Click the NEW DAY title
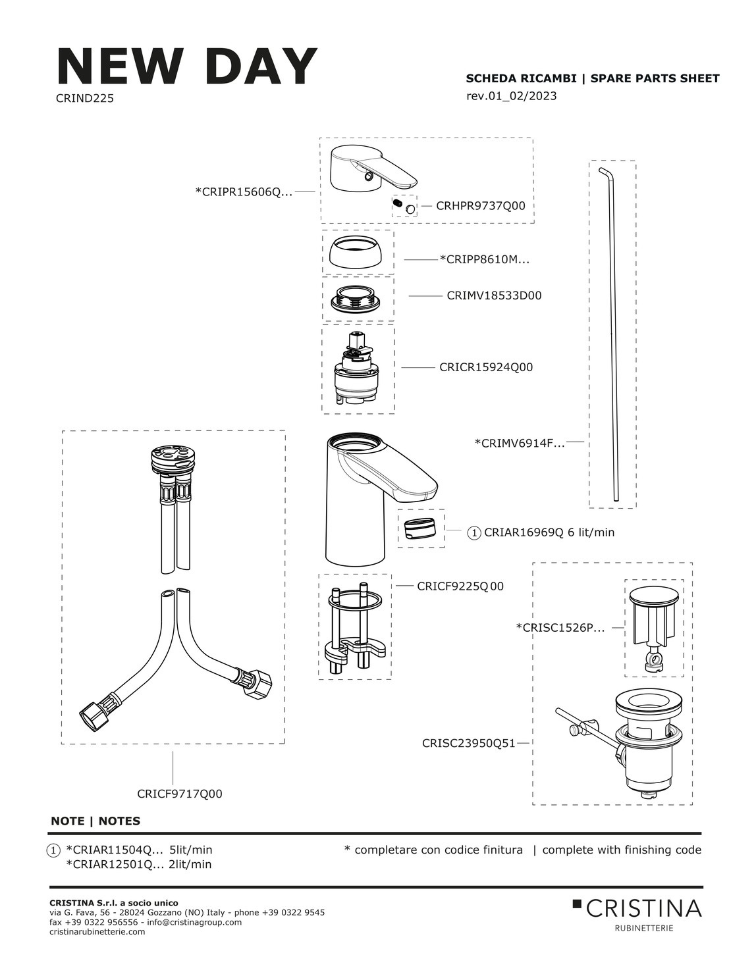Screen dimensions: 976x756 tap(187, 66)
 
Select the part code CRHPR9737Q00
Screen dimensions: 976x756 tap(481, 206)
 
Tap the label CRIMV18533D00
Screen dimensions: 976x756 tap(494, 295)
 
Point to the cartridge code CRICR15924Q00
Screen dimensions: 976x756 tap(486, 367)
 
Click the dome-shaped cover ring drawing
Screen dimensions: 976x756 tap(358, 253)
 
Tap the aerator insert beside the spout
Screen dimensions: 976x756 tap(421, 528)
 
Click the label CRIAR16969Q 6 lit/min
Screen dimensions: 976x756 tap(549, 532)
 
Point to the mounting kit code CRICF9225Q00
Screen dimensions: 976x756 tap(460, 586)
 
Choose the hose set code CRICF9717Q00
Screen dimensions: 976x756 tap(180, 794)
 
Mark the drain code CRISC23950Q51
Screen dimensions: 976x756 tap(468, 743)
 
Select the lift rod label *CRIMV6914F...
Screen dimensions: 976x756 tap(520, 444)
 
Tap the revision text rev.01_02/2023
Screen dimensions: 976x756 tap(511, 96)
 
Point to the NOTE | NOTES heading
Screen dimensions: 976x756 tap(95, 821)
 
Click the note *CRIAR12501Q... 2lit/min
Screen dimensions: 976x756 tap(139, 864)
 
